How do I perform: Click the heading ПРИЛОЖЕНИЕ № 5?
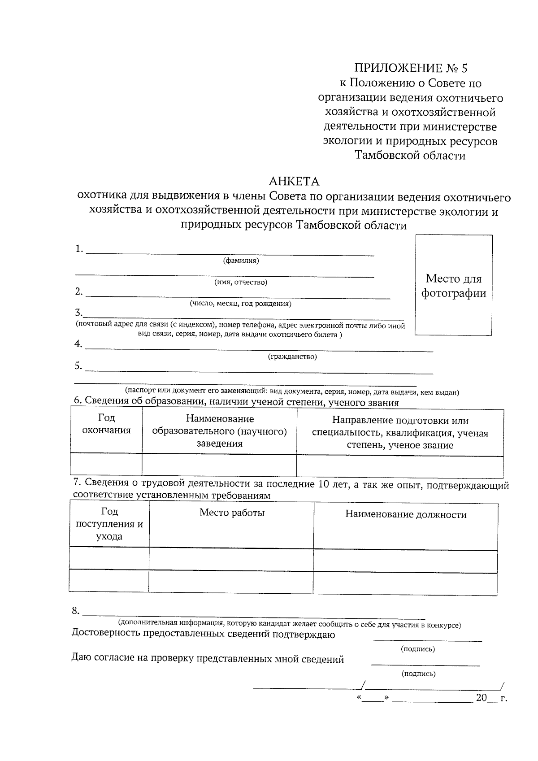411,68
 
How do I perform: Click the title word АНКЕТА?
294,182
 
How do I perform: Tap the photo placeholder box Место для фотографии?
453,285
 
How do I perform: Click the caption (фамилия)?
241,261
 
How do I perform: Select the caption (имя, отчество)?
241,282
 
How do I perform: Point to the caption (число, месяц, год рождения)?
241,304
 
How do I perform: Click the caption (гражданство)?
292,357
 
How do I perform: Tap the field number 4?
78,344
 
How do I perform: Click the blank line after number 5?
259,371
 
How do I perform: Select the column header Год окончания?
106,424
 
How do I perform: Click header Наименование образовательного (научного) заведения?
220,431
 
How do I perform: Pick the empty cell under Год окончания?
106,464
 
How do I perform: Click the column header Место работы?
232,513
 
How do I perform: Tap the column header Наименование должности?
406,514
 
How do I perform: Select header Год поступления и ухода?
109,524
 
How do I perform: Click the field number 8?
76,611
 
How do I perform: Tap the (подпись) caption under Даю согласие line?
418,674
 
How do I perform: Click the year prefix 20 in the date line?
481,698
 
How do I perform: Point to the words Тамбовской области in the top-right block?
410,156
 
